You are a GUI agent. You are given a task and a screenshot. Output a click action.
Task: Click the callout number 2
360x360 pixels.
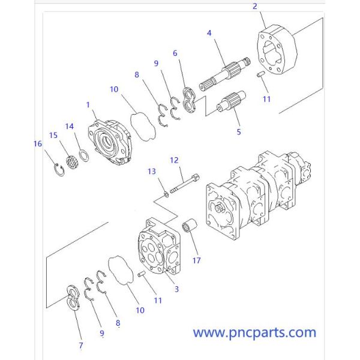254,7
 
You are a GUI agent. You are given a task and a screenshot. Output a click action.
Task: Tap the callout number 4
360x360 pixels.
209,32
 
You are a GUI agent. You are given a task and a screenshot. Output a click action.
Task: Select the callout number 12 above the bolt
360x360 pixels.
175,160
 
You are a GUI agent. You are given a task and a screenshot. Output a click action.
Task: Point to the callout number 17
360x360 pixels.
196,260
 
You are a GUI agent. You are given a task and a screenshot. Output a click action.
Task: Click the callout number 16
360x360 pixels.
38,143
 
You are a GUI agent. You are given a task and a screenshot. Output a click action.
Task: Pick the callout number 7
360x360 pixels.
80,345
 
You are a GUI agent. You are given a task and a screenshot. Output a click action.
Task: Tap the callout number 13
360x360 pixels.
152,172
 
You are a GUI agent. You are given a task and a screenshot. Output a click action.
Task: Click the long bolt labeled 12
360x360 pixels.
185,182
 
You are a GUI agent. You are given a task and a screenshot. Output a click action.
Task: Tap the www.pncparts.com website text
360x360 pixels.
254,332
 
